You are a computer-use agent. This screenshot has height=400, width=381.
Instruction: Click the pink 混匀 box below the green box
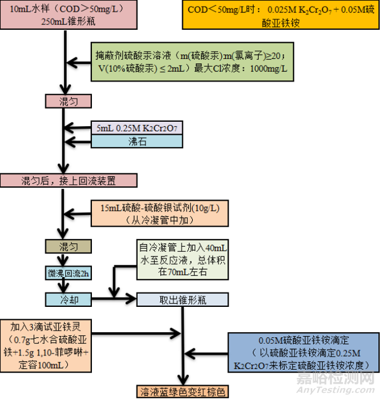tap(67, 101)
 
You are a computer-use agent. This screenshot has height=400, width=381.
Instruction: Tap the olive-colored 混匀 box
tap(67, 246)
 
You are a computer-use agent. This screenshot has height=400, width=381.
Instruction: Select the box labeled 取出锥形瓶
tap(183, 300)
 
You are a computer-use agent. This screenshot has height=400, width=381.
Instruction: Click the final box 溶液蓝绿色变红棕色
tap(183, 391)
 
